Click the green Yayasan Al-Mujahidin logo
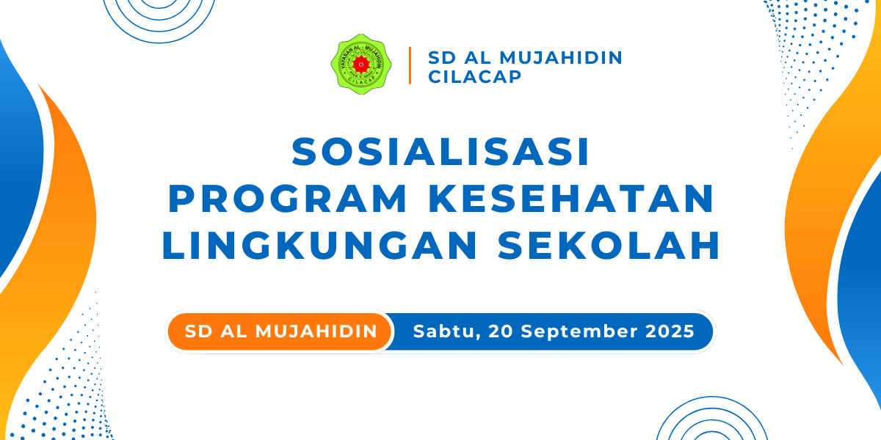tap(361, 64)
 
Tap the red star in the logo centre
tap(361, 65)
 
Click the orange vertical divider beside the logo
tap(410, 65)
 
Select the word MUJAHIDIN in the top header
tap(561, 58)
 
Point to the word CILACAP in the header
tap(475, 76)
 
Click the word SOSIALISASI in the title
tap(440, 152)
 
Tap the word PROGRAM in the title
tap(288, 199)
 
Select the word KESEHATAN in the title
tap(574, 199)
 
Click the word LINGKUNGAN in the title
tap(319, 246)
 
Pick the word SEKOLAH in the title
tap(609, 246)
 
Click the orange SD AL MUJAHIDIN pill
tap(280, 331)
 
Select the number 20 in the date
tap(501, 331)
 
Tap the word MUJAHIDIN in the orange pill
tap(316, 331)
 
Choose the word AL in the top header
tap(478, 58)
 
